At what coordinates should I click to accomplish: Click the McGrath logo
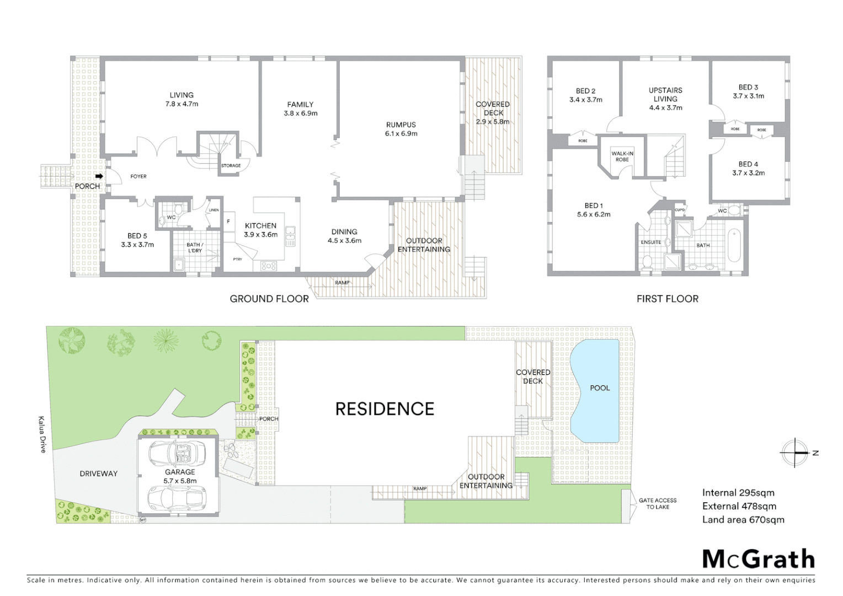[759, 559]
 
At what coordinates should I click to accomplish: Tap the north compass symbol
[795, 453]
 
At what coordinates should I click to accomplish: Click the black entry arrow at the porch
[99, 176]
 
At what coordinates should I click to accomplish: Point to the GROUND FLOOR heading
[269, 299]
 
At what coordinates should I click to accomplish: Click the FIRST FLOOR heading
[667, 299]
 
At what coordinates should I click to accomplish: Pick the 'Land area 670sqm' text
[743, 519]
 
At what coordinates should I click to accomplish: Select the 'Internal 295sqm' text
[738, 493]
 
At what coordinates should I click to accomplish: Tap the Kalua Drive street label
[42, 434]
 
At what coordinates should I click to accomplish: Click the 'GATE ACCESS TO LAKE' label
[657, 503]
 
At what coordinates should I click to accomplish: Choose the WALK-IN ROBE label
[622, 157]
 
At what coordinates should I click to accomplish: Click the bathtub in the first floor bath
[734, 246]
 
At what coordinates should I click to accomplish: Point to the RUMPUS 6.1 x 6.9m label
[401, 129]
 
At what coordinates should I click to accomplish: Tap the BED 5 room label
[137, 240]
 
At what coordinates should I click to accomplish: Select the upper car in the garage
[177, 453]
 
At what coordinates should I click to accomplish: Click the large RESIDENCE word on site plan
[385, 409]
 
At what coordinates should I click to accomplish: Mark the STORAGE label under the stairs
[231, 166]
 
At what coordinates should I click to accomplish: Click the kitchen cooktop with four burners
[269, 266]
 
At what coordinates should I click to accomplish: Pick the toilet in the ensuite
[648, 261]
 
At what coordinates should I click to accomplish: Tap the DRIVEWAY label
[99, 473]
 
